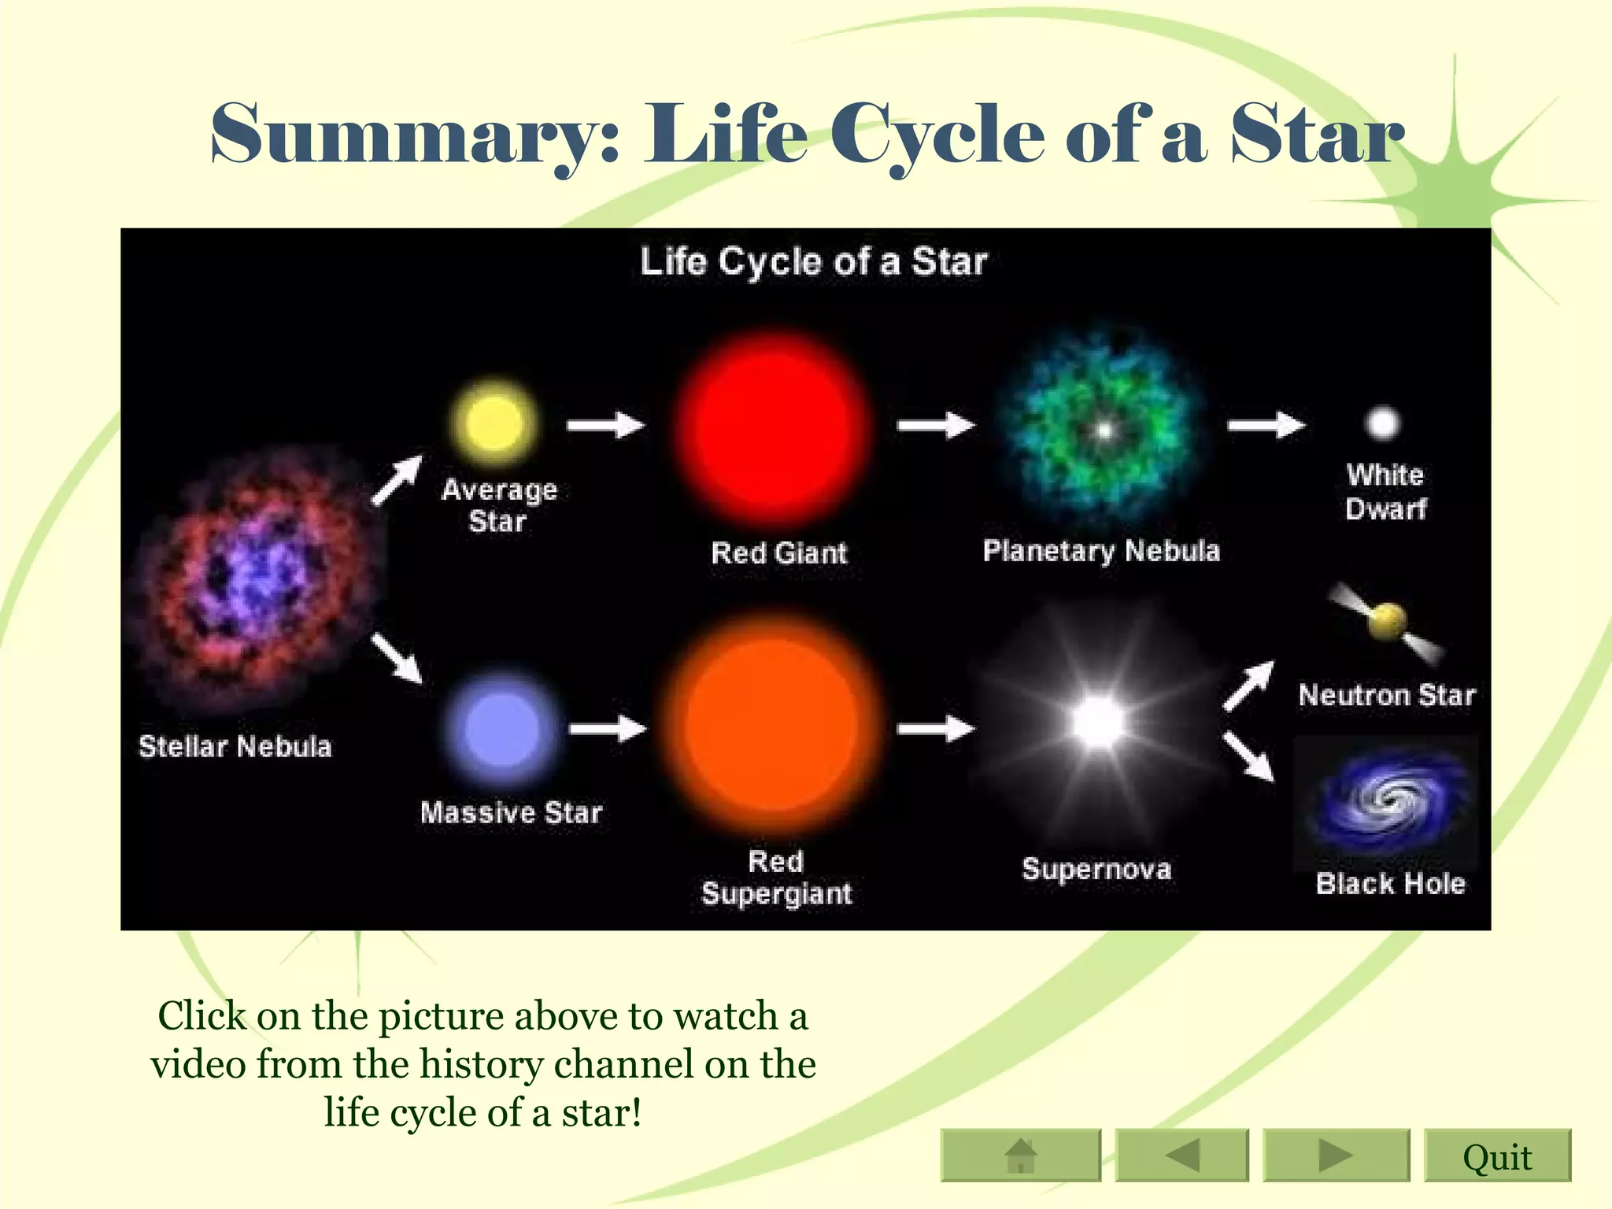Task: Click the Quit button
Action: pos(1496,1155)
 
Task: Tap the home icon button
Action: pos(1021,1155)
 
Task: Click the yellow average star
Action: pos(494,423)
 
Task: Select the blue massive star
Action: pos(502,729)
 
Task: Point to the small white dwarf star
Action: pos(1383,423)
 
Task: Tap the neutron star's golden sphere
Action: pos(1387,621)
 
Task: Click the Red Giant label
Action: pos(778,553)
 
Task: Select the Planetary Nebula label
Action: pos(1100,550)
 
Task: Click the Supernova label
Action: pos(1096,869)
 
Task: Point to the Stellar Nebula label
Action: pos(235,746)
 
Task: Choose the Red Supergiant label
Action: pos(776,878)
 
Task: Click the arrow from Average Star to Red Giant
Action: pos(605,425)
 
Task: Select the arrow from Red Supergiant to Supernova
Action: pos(935,729)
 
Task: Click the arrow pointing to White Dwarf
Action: pos(1266,425)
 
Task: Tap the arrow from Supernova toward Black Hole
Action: pos(1249,756)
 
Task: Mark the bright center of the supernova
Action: pos(1097,722)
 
